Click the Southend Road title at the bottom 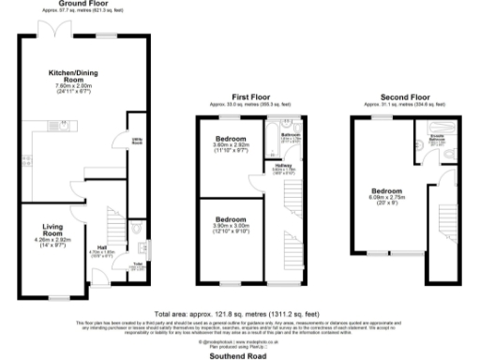pyautogui.click(x=240, y=353)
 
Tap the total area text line pyautogui.click(x=240, y=313)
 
